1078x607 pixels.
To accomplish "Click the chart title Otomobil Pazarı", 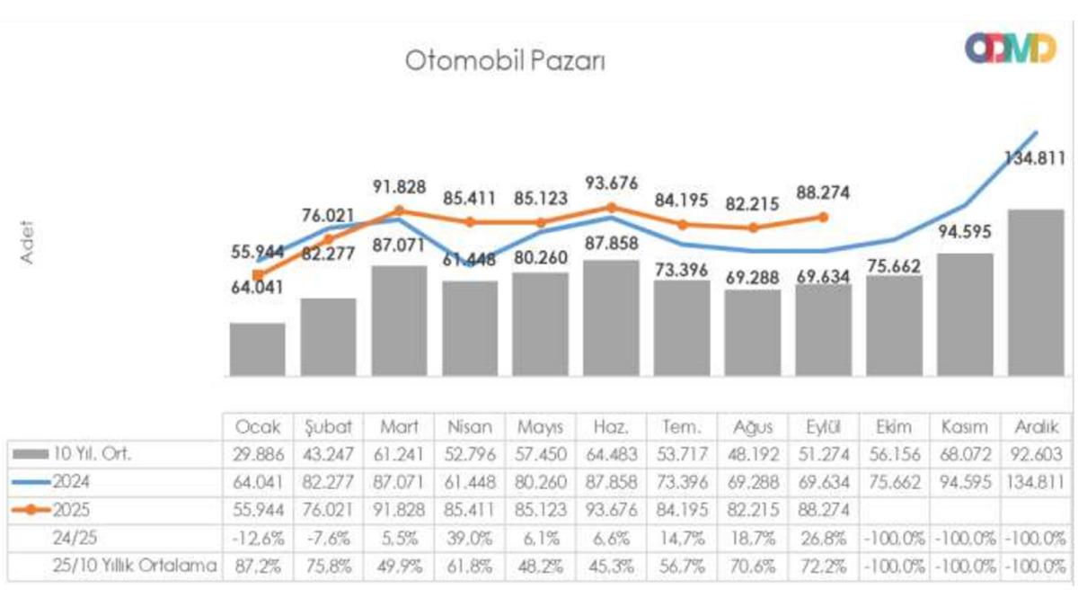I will pos(506,62).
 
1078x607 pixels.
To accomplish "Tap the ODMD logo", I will pos(1010,49).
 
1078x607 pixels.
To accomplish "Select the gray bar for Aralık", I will pos(1036,292).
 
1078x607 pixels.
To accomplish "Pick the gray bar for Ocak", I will pos(257,349).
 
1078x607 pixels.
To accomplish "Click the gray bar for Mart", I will pos(399,320).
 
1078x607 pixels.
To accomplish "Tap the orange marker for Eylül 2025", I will pos(823,217).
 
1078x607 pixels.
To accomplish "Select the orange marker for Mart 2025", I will pos(399,211).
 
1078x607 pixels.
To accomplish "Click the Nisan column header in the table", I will pos(469,427).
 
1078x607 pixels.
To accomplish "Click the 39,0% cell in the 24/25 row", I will pos(469,539).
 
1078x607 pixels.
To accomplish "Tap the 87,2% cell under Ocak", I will pos(257,567).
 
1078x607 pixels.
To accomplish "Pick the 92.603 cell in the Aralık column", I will pos(1036,455).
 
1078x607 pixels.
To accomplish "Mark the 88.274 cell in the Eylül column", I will pos(823,510).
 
